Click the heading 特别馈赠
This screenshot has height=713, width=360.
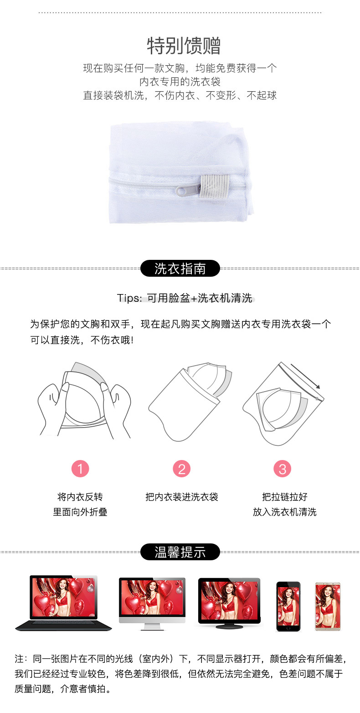point(184,46)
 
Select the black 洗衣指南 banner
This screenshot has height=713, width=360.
point(180,269)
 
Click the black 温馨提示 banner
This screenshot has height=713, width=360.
point(180,552)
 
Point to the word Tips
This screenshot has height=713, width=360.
point(128,298)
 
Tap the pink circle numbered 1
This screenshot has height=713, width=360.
point(80,469)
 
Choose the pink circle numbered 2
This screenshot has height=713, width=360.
point(181,469)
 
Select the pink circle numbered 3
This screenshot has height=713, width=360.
point(283,469)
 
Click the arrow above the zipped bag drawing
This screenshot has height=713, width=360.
point(305,377)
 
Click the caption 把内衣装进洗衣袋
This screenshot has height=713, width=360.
point(182,497)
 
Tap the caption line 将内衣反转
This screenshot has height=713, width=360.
point(80,497)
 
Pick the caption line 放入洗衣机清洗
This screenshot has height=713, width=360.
point(284,512)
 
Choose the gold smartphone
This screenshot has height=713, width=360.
point(328,606)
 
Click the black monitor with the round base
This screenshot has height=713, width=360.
point(229,603)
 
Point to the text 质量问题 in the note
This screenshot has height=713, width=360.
point(33,689)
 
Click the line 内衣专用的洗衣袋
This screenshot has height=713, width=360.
point(180,82)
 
